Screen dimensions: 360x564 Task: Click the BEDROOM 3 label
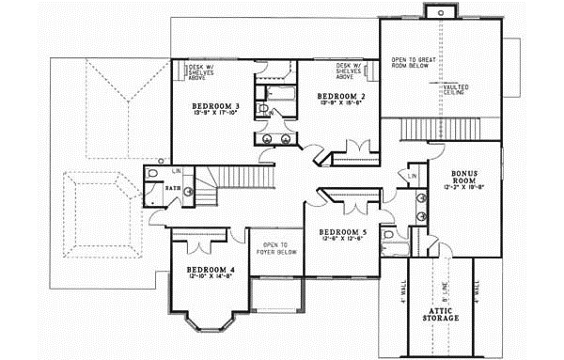[x=215, y=107]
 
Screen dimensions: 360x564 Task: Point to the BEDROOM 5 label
[x=341, y=232]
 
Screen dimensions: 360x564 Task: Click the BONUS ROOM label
[x=465, y=178]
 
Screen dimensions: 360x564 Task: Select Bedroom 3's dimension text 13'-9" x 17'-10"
[x=215, y=116]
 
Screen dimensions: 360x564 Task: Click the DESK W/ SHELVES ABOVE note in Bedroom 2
[x=352, y=71]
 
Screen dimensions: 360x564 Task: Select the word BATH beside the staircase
[x=176, y=188]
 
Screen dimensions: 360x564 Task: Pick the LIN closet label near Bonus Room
[x=413, y=177]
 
